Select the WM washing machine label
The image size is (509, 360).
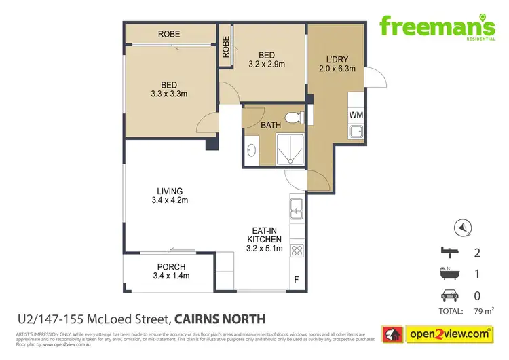pyautogui.click(x=356, y=115)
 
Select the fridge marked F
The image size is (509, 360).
pyautogui.click(x=296, y=279)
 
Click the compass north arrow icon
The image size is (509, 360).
pyautogui.click(x=462, y=227)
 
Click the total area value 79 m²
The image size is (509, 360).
pyautogui.click(x=488, y=312)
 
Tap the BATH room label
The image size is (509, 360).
pyautogui.click(x=271, y=125)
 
